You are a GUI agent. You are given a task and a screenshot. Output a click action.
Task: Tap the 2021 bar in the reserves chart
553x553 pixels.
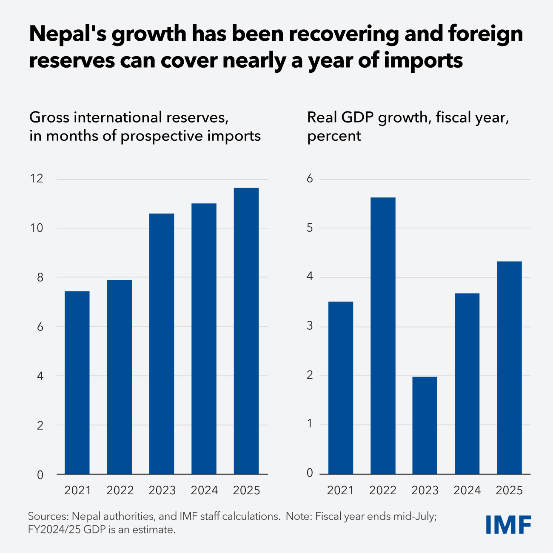point(77,382)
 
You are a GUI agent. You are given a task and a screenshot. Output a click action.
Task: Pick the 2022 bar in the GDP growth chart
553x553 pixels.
point(383,336)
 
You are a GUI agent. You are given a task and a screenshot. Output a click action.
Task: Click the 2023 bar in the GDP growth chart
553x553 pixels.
point(425,425)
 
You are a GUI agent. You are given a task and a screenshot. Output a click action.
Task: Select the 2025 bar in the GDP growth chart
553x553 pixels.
point(509,368)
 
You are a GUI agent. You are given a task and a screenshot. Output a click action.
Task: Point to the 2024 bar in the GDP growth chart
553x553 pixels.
point(467,383)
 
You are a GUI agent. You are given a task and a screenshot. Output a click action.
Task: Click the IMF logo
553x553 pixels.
point(508,524)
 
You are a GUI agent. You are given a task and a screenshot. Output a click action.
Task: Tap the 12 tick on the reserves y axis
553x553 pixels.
point(37,179)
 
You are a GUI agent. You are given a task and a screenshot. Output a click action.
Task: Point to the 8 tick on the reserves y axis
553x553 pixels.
point(40,278)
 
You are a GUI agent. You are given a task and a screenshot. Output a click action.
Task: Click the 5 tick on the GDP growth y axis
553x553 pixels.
point(310,228)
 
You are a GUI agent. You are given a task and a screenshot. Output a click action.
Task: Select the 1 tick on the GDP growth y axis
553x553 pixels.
point(310,425)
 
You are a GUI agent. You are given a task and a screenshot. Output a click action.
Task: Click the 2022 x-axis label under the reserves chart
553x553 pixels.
point(120,490)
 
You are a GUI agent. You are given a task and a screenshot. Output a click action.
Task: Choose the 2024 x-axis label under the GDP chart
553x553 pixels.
point(467,490)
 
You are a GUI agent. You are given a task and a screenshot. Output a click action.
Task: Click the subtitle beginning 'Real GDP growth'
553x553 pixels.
point(408,117)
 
